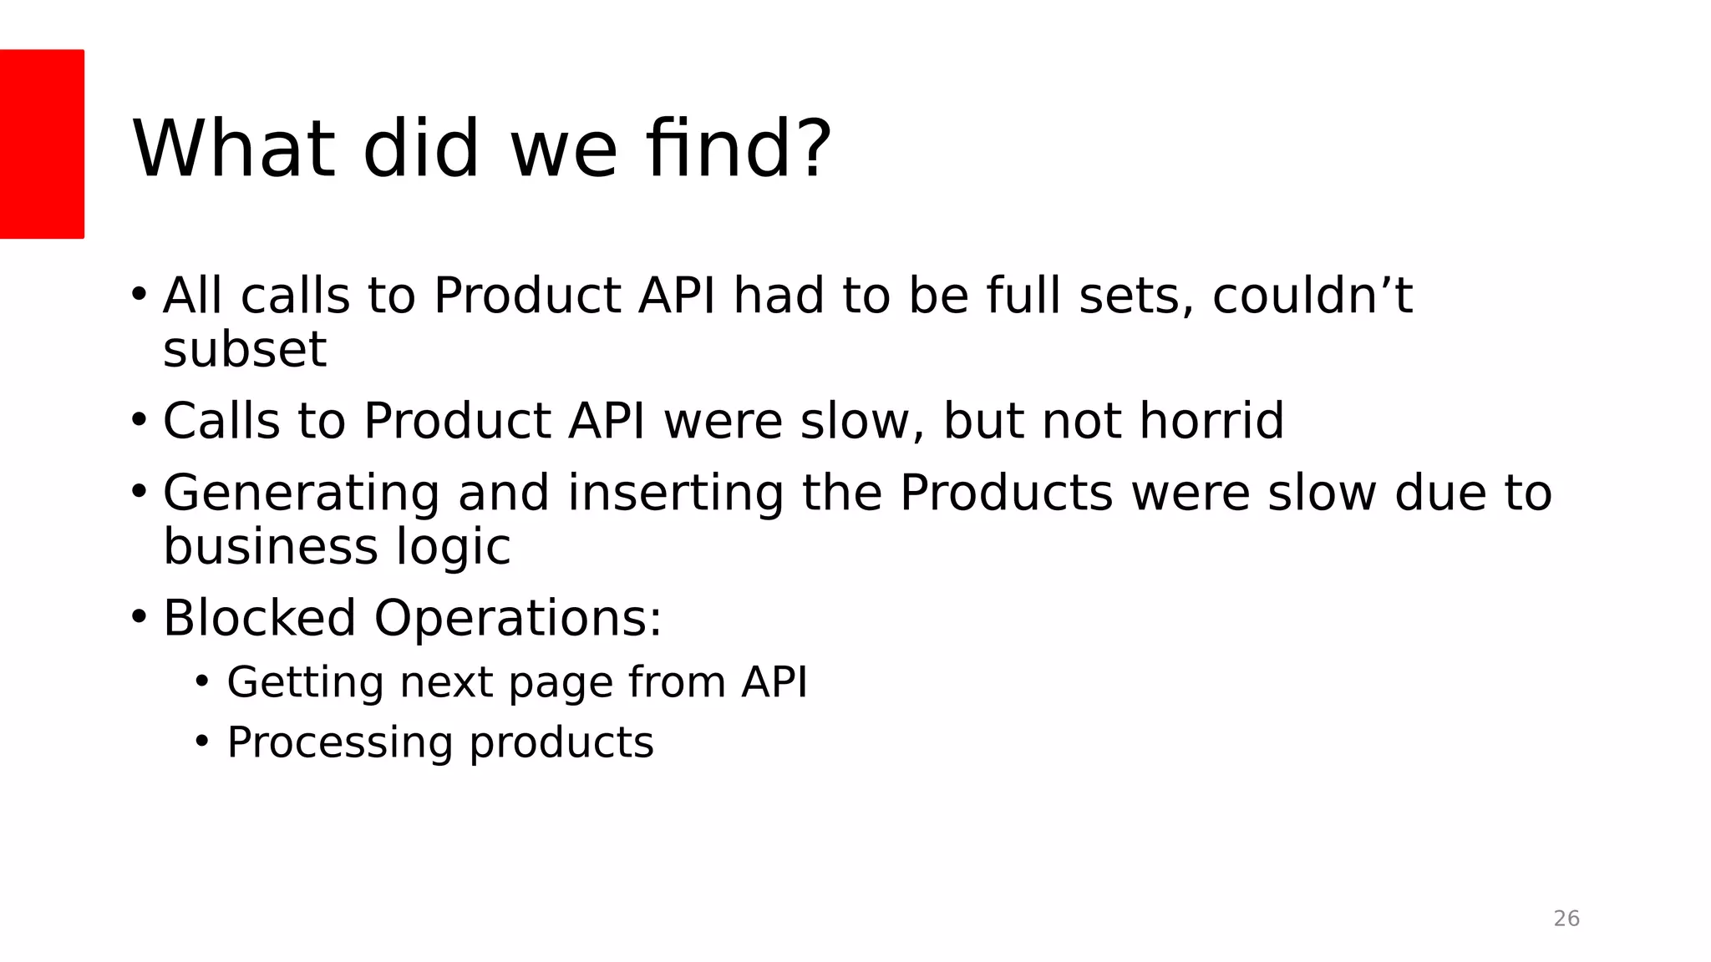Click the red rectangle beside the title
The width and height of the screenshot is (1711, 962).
coord(42,144)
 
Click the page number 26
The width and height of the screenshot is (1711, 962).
coord(1566,919)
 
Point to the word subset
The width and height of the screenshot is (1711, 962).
coord(244,349)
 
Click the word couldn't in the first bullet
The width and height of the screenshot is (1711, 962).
coord(1312,296)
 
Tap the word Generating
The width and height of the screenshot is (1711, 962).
coord(301,493)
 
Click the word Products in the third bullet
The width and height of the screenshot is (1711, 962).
coord(1006,493)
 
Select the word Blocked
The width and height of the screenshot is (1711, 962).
coord(259,618)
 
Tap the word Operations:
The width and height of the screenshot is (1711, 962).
coord(518,618)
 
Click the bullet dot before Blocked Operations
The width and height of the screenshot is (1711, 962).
coord(139,617)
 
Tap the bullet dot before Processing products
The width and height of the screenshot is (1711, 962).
coord(201,741)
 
